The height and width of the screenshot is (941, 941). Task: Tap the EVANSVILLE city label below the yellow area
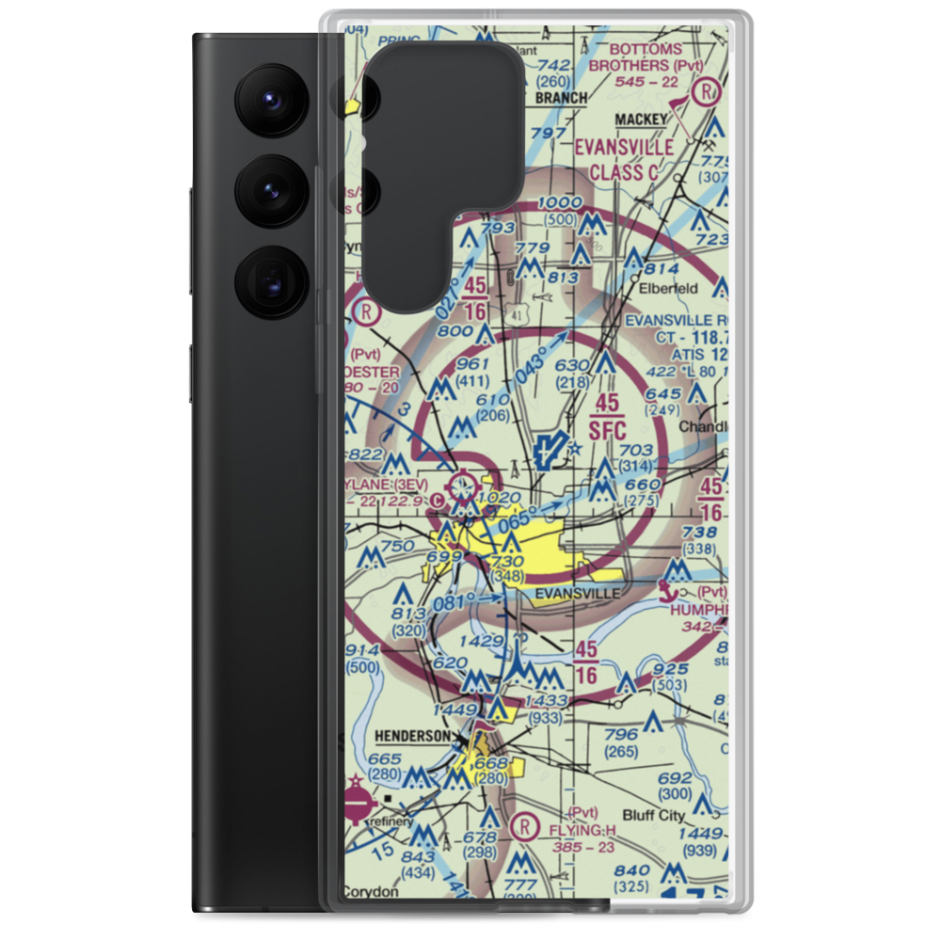tap(573, 594)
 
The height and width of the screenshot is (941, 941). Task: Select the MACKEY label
tap(640, 119)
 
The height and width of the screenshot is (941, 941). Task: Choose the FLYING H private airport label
tap(583, 832)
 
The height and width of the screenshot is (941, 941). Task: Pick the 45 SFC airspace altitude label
tap(608, 417)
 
